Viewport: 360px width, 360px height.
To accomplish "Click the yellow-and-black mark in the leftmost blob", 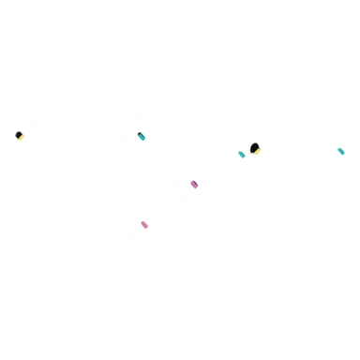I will pyautogui.click(x=19, y=136).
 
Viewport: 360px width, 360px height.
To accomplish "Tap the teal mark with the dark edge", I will pyautogui.click(x=142, y=137).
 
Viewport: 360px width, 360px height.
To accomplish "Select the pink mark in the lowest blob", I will pyautogui.click(x=144, y=225).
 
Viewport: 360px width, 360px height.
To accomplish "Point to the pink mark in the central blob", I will pyautogui.click(x=194, y=185).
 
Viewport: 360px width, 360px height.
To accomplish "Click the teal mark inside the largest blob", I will pyautogui.click(x=242, y=155).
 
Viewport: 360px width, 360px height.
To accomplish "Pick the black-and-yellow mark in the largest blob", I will pyautogui.click(x=254, y=148).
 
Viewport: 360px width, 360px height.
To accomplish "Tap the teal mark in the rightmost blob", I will pyautogui.click(x=341, y=151).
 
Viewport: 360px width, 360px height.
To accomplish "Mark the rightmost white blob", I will pyautogui.click(x=339, y=150).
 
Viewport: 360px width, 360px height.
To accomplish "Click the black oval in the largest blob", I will pyautogui.click(x=254, y=147).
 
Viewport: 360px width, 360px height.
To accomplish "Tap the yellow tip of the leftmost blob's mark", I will pyautogui.click(x=21, y=138).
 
